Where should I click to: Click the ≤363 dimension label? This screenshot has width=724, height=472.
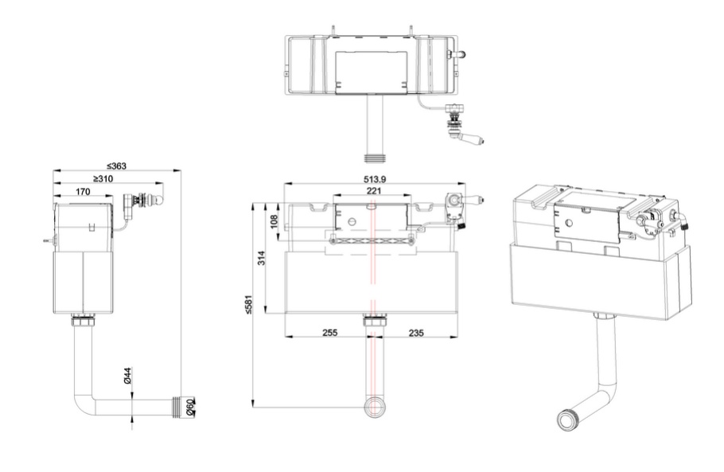(116, 166)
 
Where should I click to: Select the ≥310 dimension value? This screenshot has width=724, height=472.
(103, 179)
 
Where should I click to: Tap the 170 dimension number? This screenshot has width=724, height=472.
(83, 192)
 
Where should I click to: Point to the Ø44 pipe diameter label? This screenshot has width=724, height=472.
(128, 376)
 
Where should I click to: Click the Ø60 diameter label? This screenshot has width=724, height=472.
(191, 408)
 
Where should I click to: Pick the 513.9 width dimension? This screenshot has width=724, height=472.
(375, 179)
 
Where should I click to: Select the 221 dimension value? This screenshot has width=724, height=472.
(374, 190)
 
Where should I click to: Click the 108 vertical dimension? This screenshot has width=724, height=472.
(274, 221)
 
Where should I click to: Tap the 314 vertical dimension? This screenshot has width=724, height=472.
(261, 258)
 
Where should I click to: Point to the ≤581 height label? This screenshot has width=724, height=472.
(248, 305)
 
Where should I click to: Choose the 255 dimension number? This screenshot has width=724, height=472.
(329, 333)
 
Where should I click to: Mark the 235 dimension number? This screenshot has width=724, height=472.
(416, 333)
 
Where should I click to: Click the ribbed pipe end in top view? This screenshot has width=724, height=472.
(375, 158)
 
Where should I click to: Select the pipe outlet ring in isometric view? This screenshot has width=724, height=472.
(567, 419)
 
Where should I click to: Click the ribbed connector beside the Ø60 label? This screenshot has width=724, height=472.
(177, 408)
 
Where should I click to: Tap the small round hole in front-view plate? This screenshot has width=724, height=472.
(352, 220)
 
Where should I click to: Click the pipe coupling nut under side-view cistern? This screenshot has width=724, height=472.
(83, 321)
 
